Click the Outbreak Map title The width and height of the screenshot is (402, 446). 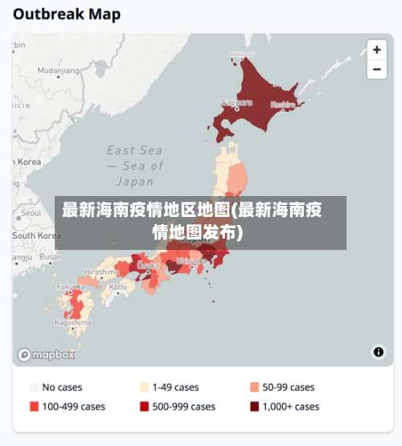point(67,14)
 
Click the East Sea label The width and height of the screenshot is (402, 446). point(134,150)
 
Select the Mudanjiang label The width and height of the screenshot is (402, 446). point(59,71)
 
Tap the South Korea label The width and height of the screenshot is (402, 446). point(36,235)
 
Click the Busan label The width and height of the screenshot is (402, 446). point(51,257)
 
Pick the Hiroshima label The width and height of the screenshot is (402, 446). point(102,272)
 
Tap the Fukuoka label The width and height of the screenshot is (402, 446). point(71,286)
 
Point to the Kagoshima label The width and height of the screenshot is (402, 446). point(72,322)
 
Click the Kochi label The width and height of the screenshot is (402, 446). point(117,287)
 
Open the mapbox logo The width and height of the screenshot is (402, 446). point(46,354)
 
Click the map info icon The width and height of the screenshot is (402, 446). point(378,352)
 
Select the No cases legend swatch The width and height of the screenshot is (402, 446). point(35,387)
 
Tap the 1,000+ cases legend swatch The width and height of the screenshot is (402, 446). point(255,407)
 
